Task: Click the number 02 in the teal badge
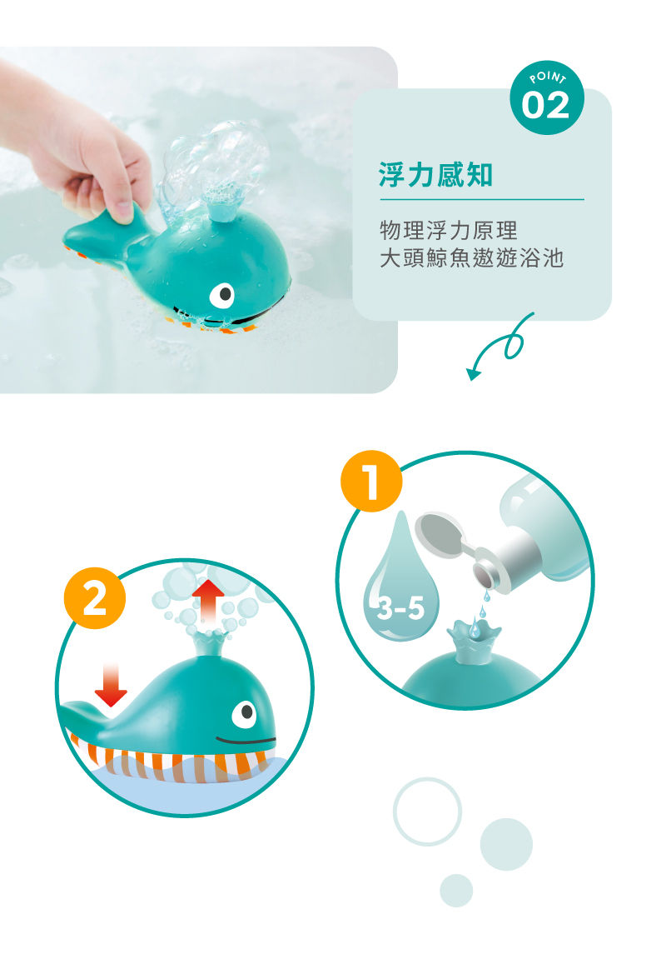click(547, 106)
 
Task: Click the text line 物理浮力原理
click(454, 229)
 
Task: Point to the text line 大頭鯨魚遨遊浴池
click(471, 258)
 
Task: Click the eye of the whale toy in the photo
click(223, 294)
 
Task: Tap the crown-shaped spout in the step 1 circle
click(470, 642)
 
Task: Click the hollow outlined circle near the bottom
click(427, 812)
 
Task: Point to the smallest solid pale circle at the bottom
click(456, 890)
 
